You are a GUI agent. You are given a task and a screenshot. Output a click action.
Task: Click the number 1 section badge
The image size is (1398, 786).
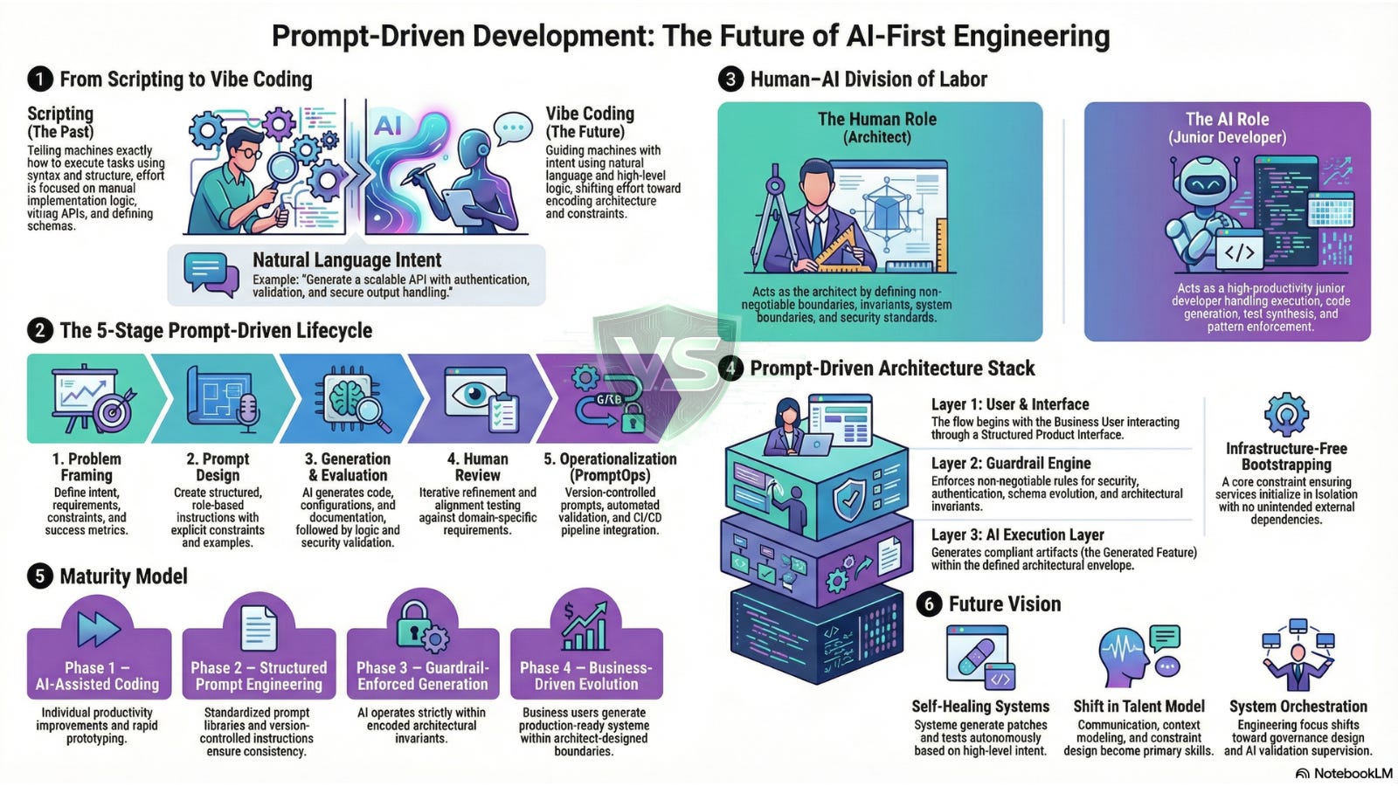click(x=39, y=79)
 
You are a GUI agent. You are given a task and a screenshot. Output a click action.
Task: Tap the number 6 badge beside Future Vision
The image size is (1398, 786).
click(x=930, y=604)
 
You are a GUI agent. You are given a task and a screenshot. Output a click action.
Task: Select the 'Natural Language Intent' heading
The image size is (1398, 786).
click(x=347, y=260)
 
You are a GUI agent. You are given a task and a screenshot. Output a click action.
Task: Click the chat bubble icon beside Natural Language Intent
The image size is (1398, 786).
click(x=211, y=274)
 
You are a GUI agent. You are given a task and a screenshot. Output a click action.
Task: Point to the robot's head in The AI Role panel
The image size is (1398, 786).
click(x=1208, y=183)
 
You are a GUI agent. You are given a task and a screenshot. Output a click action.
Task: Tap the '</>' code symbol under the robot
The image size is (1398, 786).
click(x=1239, y=253)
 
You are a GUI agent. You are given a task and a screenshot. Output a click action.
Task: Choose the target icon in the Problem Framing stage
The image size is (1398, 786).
click(x=114, y=410)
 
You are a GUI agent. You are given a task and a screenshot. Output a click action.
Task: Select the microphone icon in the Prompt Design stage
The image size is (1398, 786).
click(x=247, y=410)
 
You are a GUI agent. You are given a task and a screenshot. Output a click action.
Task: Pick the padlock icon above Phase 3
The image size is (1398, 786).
click(x=413, y=622)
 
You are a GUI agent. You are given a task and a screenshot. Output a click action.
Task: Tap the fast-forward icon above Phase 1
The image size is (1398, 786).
click(x=99, y=629)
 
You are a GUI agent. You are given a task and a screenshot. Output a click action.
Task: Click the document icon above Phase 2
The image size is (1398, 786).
click(x=259, y=629)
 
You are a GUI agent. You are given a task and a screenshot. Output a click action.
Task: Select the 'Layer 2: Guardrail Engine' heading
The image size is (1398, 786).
click(x=1011, y=464)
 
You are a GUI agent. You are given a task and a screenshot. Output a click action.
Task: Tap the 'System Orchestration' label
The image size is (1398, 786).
click(x=1298, y=707)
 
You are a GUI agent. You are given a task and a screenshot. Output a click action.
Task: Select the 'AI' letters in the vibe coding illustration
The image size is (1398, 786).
click(x=388, y=127)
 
